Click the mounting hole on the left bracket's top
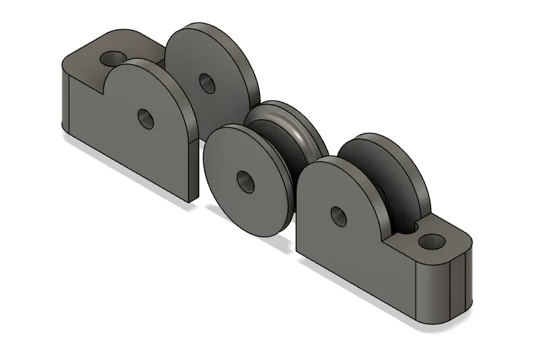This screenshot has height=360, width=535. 113,58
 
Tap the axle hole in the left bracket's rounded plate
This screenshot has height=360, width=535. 145,118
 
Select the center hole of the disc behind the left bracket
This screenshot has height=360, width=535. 206,83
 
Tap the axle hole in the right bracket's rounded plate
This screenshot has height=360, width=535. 338,214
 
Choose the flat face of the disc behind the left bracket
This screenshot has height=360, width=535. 219,66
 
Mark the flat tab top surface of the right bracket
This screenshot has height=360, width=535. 411,245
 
